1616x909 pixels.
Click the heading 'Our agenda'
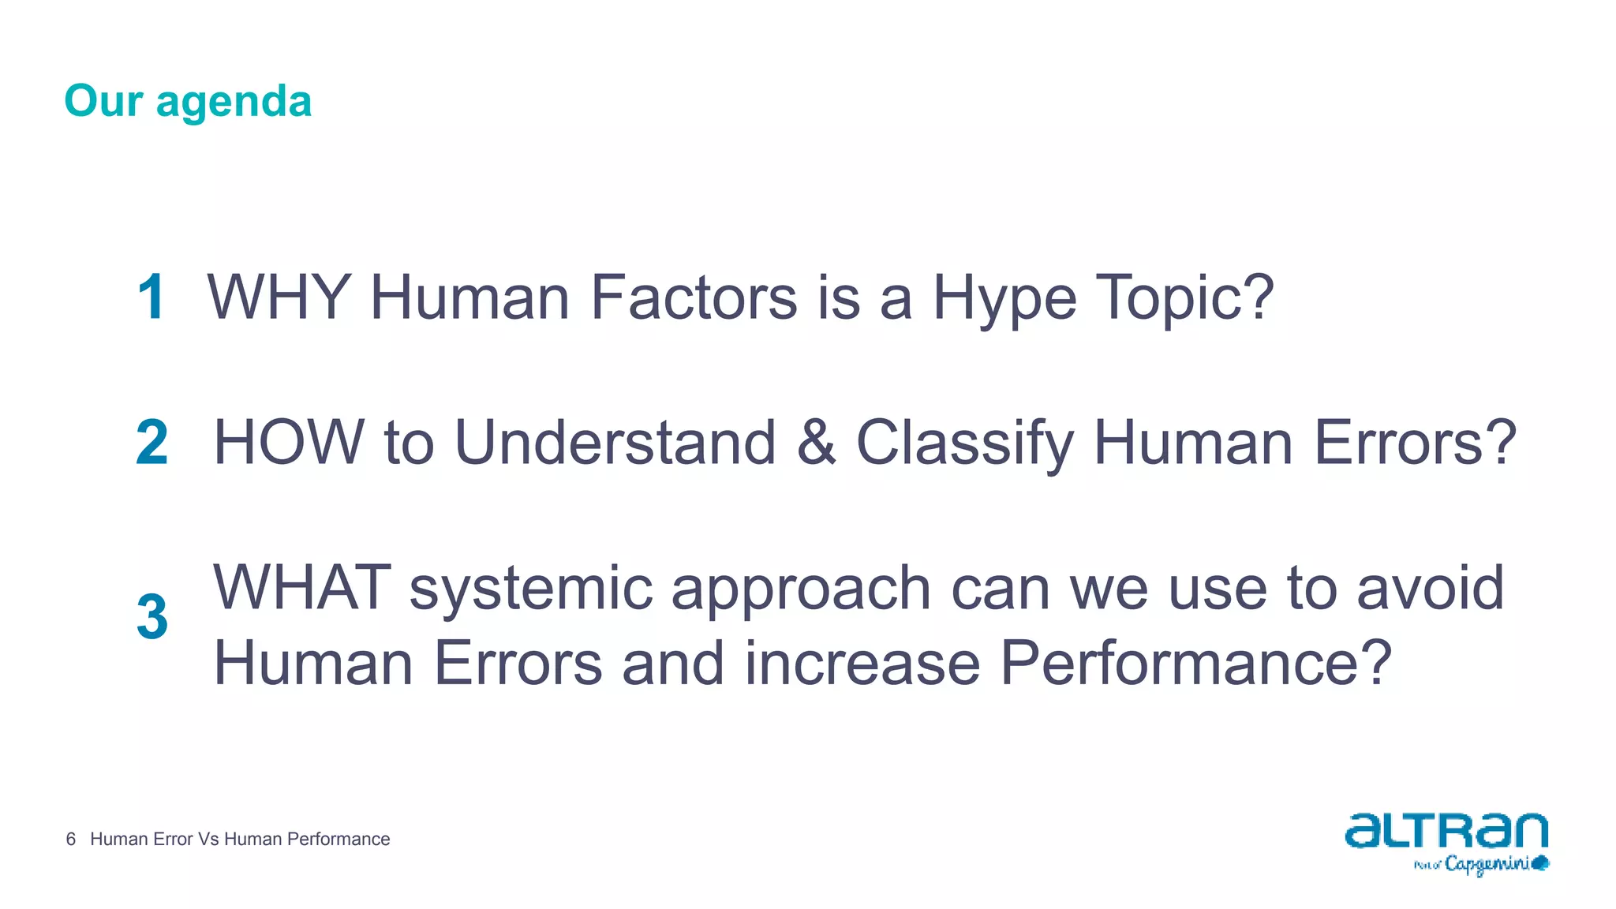click(188, 101)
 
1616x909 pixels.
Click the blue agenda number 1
click(151, 297)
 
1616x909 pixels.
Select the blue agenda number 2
click(152, 443)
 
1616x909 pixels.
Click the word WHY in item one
click(279, 297)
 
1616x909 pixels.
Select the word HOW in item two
click(289, 443)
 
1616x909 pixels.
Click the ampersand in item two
click(816, 443)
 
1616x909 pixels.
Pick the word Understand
click(615, 443)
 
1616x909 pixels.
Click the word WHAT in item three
click(301, 588)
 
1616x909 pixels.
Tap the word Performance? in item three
click(1195, 664)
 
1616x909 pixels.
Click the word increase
click(862, 664)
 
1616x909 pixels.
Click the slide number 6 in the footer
click(71, 839)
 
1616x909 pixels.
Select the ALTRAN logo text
click(1446, 830)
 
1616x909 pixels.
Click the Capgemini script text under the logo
click(1487, 864)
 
